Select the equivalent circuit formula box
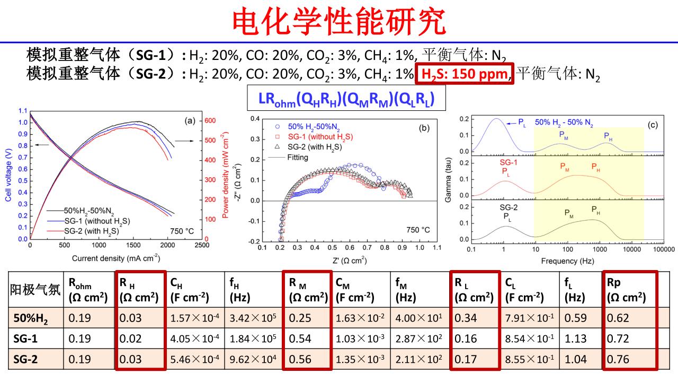[347, 98]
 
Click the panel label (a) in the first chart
[189, 121]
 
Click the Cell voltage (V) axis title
[8, 175]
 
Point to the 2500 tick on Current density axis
[201, 246]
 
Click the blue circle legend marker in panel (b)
[278, 127]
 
